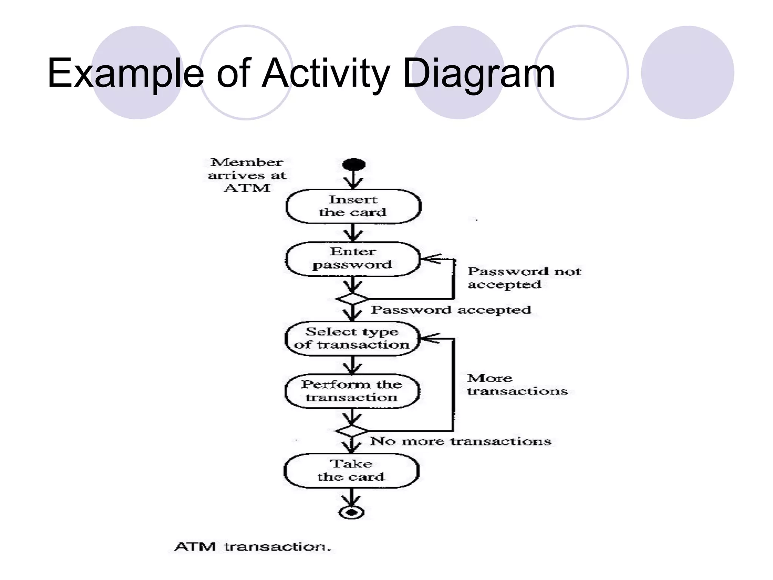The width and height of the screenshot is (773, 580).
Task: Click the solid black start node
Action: pyautogui.click(x=354, y=165)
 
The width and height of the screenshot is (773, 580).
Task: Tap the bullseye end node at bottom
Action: pyautogui.click(x=351, y=512)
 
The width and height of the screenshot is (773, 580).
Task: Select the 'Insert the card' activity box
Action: pyautogui.click(x=353, y=206)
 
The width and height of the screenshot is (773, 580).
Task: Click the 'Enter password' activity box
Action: pyautogui.click(x=353, y=259)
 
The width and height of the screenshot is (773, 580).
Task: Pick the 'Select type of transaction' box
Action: pyautogui.click(x=352, y=338)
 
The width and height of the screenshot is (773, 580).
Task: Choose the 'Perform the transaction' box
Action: pyautogui.click(x=352, y=391)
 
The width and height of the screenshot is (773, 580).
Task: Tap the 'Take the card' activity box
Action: pyautogui.click(x=351, y=470)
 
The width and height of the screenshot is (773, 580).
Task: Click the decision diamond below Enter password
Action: pyautogui.click(x=352, y=299)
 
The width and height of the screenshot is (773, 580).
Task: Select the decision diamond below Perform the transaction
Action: pyautogui.click(x=351, y=431)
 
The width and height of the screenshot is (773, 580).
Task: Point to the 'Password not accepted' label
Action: pyautogui.click(x=524, y=278)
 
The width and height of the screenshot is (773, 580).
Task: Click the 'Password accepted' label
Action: pyautogui.click(x=451, y=310)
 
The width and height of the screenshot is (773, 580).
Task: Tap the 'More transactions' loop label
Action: pyautogui.click(x=517, y=384)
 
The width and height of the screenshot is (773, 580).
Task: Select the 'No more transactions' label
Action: pyautogui.click(x=460, y=441)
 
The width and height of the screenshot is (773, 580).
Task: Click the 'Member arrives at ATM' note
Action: pyautogui.click(x=247, y=175)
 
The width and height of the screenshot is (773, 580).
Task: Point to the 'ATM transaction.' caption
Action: pyautogui.click(x=253, y=546)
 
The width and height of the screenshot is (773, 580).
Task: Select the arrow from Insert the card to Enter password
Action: pyautogui.click(x=352, y=233)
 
